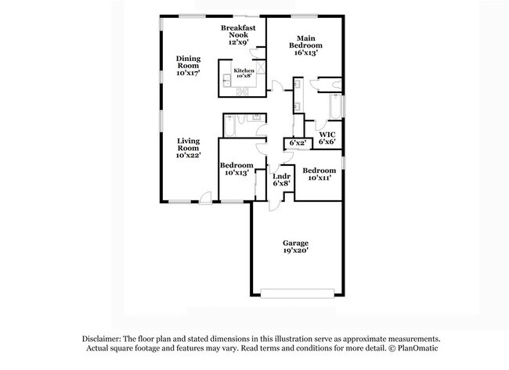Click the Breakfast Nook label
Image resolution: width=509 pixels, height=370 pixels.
point(238,30)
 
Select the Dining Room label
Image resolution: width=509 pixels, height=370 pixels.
point(188,61)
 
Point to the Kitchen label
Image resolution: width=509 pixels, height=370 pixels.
point(243,70)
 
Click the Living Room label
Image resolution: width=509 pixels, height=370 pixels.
point(188,144)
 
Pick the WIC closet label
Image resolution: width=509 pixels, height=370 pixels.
point(327,134)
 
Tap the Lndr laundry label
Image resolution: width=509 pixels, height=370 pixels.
point(281,176)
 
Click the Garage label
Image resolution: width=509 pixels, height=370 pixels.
point(295,242)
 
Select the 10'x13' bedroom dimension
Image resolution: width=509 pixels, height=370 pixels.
point(236,173)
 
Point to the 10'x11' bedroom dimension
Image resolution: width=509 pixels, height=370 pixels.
point(319,178)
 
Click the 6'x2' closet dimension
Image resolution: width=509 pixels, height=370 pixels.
point(298,143)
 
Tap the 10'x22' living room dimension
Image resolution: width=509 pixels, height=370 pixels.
point(188,156)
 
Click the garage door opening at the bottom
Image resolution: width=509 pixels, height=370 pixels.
point(295,293)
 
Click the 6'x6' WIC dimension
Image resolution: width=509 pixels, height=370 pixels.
point(327,142)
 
